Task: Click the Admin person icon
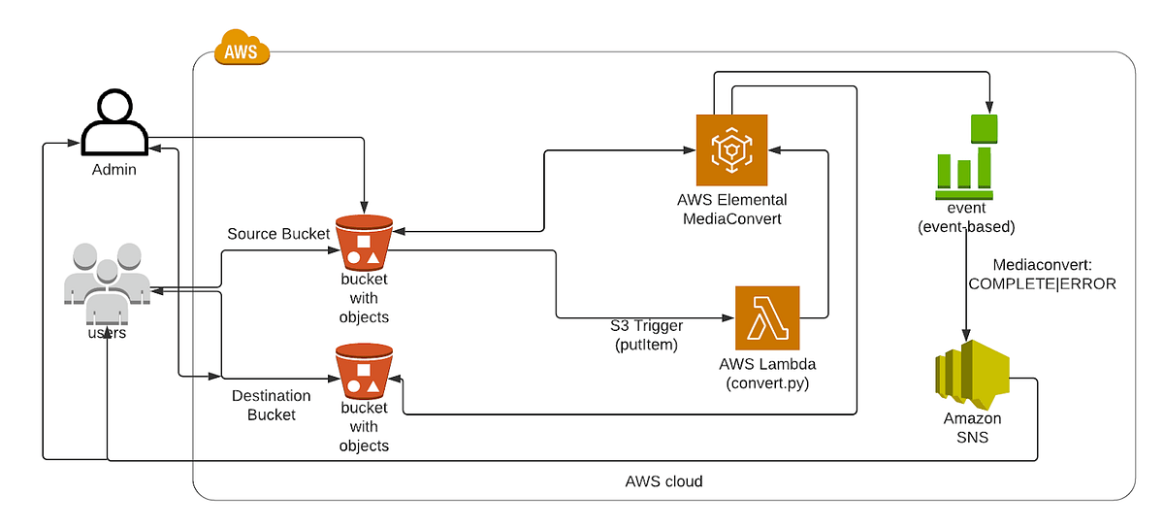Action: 113,123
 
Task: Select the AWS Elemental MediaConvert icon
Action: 731,149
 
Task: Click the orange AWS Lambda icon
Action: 767,317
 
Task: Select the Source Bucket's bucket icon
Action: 364,242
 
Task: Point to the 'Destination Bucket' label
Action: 271,405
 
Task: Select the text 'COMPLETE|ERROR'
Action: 1042,284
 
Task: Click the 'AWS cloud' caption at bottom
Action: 663,481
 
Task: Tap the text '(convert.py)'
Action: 766,382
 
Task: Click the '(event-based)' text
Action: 965,227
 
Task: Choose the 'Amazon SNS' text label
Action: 972,428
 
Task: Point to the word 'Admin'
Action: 113,170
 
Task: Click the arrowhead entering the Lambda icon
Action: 728,317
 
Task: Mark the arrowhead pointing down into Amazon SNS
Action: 965,333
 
